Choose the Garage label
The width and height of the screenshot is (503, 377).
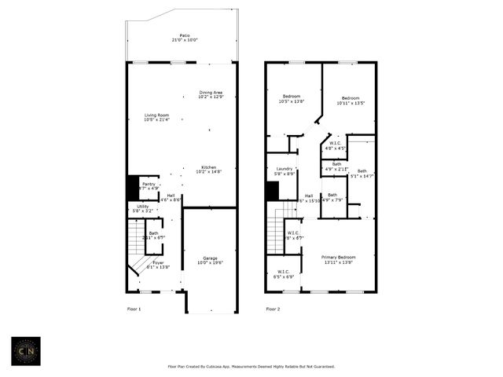[x=211, y=260]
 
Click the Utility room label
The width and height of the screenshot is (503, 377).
[x=143, y=208]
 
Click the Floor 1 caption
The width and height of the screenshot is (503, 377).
[x=134, y=309]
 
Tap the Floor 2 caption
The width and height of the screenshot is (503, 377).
[x=273, y=309]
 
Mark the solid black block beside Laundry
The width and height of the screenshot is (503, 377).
[x=273, y=191]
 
